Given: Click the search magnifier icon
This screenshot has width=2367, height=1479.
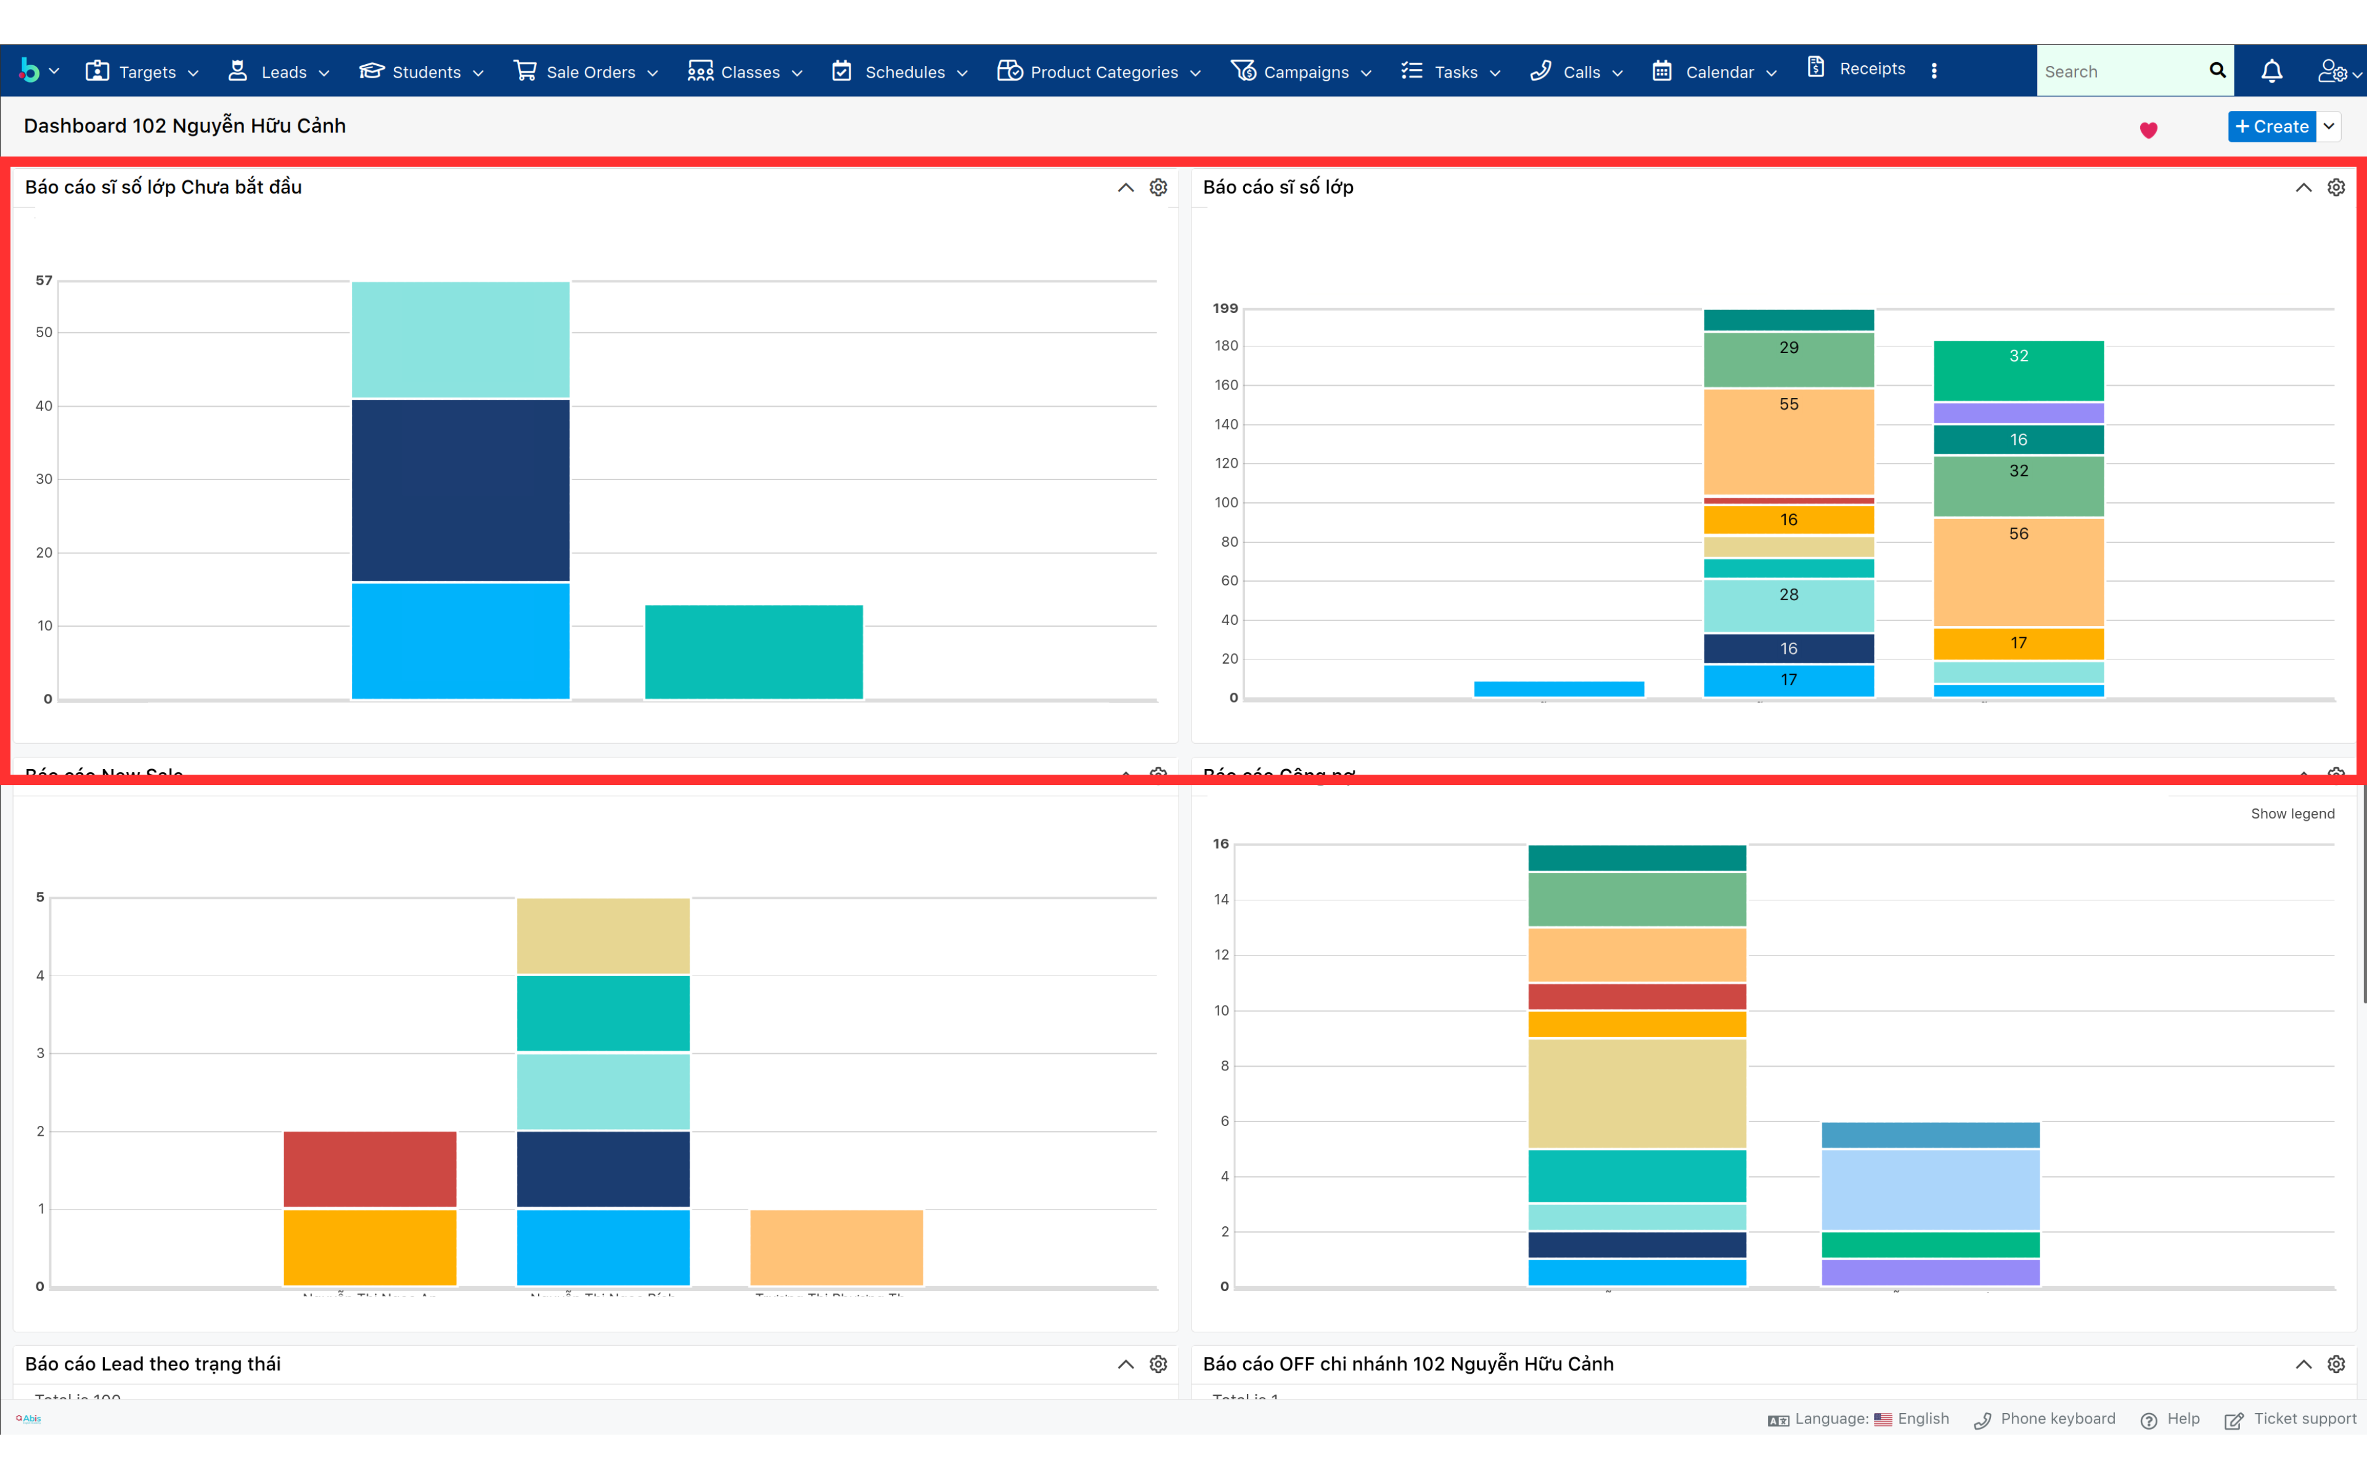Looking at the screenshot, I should click(x=2217, y=70).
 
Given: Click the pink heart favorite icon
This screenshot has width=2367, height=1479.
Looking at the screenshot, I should click(x=2149, y=130).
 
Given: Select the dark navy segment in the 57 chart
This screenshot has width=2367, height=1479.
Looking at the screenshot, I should click(x=460, y=490).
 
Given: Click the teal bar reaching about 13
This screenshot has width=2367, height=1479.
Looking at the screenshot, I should click(x=754, y=651).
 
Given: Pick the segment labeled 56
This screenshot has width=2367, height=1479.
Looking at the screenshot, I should click(x=2018, y=571).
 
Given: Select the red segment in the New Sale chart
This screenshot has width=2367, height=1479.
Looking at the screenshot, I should click(x=370, y=1169).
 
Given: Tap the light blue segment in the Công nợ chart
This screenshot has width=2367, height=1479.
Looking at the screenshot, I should click(x=1930, y=1189).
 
